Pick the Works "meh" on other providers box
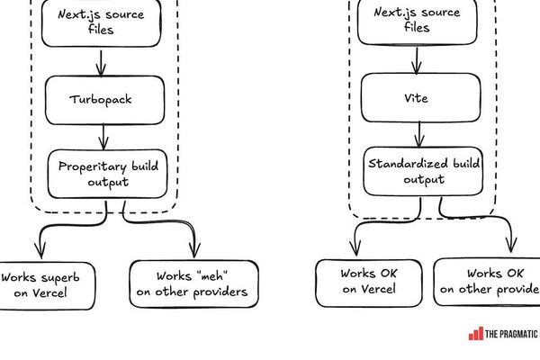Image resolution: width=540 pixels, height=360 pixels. coord(194,283)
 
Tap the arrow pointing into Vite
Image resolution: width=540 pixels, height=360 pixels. coord(415,59)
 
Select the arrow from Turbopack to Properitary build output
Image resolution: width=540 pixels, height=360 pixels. coord(104,136)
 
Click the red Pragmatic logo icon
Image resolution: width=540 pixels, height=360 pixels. coord(475,334)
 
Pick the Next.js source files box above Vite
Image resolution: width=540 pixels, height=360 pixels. coord(416,20)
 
